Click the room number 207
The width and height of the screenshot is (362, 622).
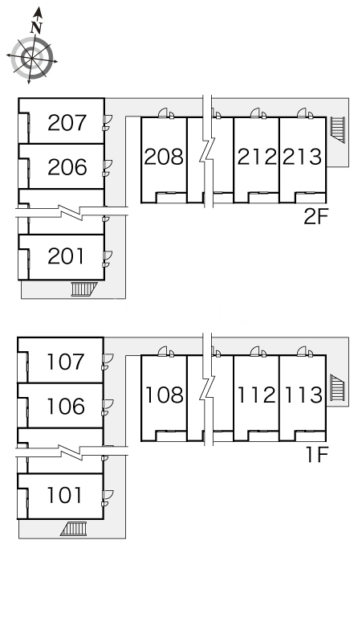[67, 123]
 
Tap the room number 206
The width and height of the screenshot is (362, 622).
[67, 167]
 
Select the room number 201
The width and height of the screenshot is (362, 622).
[66, 256]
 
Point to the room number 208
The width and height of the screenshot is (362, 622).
[164, 157]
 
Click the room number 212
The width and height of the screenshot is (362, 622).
[257, 157]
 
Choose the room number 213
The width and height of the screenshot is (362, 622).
[302, 157]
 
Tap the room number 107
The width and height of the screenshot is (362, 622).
[65, 362]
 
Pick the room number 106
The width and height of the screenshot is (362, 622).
[65, 406]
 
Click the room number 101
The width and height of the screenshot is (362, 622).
[64, 495]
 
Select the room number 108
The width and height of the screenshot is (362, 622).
[164, 395]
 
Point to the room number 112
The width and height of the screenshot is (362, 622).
[256, 395]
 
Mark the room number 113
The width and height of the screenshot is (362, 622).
[303, 395]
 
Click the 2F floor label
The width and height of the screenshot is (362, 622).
[315, 216]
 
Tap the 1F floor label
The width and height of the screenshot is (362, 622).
[317, 455]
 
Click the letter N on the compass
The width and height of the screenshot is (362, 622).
[36, 28]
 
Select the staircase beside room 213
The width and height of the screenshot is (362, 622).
[338, 129]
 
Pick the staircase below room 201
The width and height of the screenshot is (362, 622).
[84, 288]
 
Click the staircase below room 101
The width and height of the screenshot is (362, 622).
[74, 529]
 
